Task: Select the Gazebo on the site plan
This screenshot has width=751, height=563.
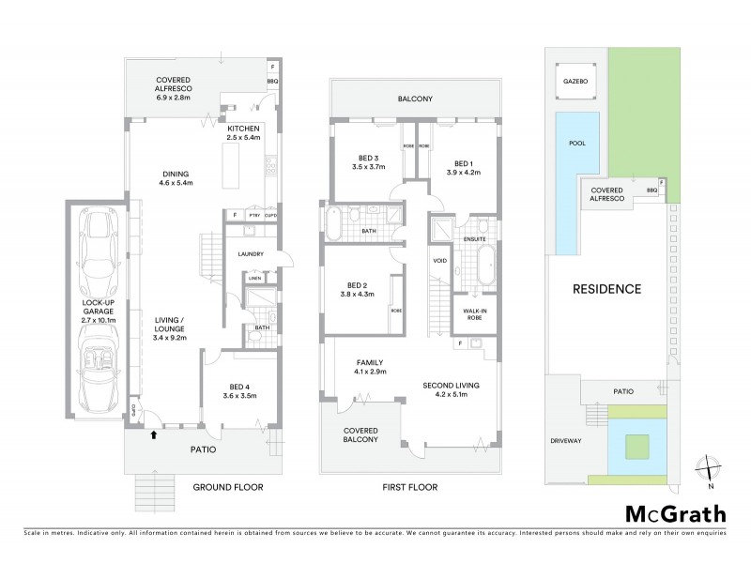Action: (575, 82)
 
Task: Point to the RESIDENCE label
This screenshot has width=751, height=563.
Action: (606, 289)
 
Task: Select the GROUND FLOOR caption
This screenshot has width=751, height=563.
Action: (227, 487)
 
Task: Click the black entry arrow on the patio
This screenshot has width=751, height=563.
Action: (153, 434)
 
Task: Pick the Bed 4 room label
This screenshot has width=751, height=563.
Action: (241, 389)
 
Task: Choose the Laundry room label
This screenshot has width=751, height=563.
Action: (251, 254)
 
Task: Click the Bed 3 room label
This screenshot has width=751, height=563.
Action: (369, 161)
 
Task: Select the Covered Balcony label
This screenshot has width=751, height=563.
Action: (360, 434)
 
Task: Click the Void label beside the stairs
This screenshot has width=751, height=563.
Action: (438, 261)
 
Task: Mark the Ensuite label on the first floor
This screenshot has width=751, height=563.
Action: (474, 239)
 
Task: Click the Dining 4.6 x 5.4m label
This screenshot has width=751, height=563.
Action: (176, 178)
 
